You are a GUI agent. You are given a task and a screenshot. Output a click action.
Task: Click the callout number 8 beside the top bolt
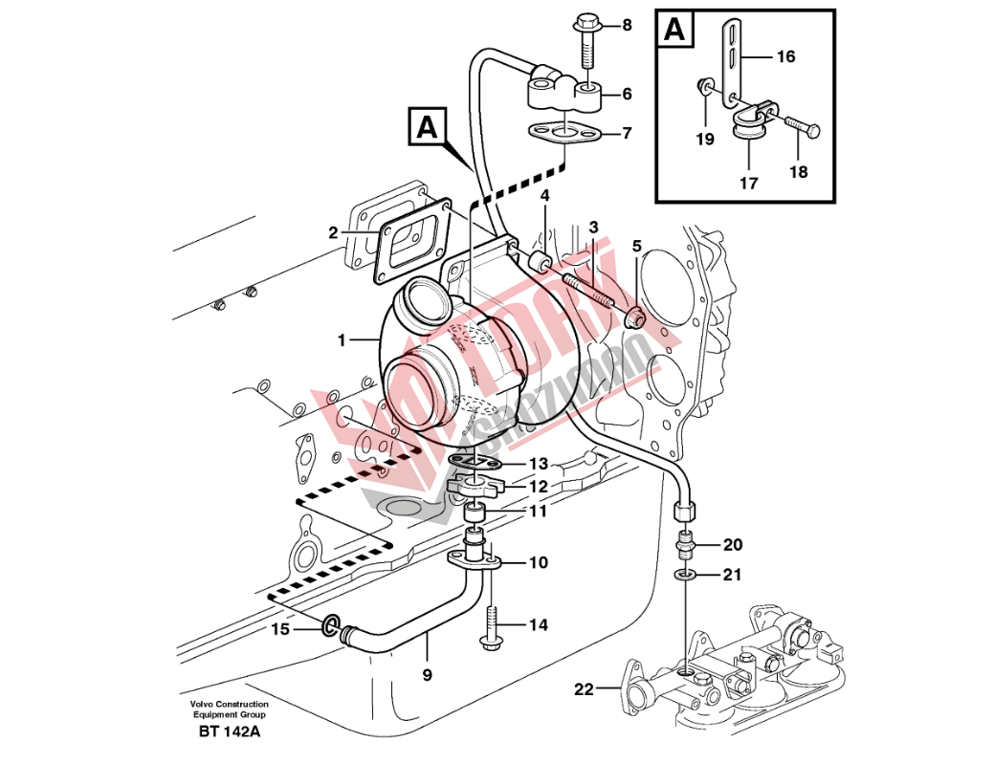click(x=627, y=25)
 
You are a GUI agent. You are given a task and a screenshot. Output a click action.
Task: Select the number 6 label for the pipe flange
click(x=627, y=94)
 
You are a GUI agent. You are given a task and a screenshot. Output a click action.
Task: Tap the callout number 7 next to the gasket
click(x=627, y=133)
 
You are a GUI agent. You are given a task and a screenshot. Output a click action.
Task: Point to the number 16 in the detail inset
click(x=784, y=57)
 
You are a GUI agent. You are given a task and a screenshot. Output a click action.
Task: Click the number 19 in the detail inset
click(x=705, y=140)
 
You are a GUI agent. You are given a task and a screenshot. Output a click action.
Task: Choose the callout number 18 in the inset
click(x=799, y=172)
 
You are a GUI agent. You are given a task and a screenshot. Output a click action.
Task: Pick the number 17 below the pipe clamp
click(x=748, y=183)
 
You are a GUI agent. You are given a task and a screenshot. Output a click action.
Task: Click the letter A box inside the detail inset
click(x=675, y=31)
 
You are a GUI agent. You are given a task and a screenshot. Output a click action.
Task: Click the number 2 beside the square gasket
click(x=333, y=232)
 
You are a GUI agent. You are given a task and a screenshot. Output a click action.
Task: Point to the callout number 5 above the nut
click(x=636, y=246)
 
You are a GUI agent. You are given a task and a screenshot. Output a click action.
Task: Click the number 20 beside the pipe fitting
click(x=732, y=545)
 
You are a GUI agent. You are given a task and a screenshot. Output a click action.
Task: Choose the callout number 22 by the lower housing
click(x=584, y=688)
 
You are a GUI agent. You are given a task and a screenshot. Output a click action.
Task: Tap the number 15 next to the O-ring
click(x=279, y=628)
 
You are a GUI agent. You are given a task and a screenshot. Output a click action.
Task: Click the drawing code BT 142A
click(x=230, y=732)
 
